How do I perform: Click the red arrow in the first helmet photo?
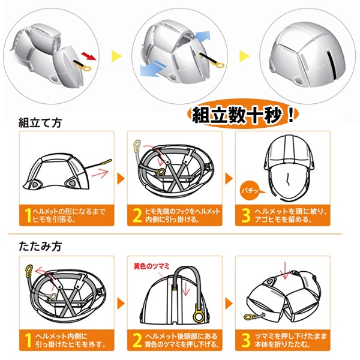pos(88,56)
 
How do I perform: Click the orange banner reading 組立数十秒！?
pos(239,115)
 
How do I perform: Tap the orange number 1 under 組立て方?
pos(29,215)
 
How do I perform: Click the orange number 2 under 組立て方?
pos(137,215)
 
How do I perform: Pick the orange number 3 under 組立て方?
pos(245,215)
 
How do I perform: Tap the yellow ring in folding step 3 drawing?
pos(248,316)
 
